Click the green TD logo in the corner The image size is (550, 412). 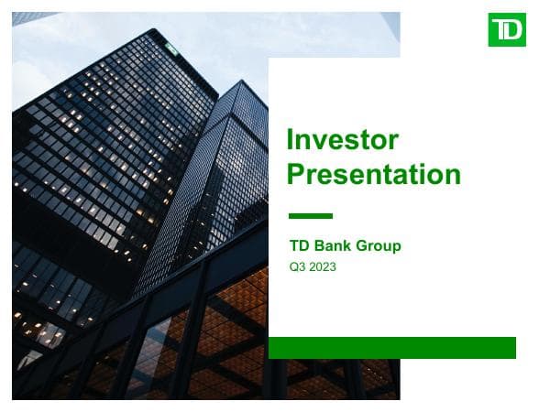tap(507, 30)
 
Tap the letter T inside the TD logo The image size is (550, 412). tap(500, 30)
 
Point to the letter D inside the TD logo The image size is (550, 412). tap(514, 30)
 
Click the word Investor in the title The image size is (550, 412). tap(343, 140)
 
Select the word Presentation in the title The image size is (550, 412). tap(373, 174)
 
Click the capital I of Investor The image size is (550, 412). tap(291, 140)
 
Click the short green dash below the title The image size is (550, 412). tap(310, 216)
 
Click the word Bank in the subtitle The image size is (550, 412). tap(335, 246)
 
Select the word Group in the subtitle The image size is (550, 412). tap(380, 246)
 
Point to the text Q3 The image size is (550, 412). tap(297, 267)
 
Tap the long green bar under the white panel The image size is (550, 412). tap(391, 348)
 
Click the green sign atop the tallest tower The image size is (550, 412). tap(171, 47)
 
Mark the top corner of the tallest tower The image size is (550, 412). tap(148, 30)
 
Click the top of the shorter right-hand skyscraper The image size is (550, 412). tap(239, 82)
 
